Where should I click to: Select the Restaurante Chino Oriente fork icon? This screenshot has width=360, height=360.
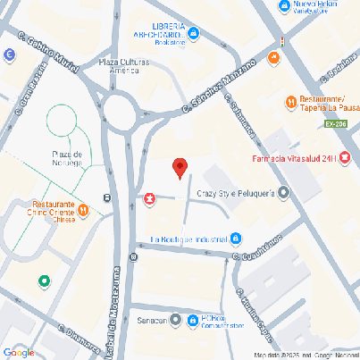(82, 210)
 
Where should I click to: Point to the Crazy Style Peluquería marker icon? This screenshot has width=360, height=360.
(284, 192)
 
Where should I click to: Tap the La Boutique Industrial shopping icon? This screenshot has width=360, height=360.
(236, 239)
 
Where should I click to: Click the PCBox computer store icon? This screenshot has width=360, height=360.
(177, 319)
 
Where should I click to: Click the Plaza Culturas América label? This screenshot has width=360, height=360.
(124, 67)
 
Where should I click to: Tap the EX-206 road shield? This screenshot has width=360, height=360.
(336, 124)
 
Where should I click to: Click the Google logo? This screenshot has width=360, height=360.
(18, 351)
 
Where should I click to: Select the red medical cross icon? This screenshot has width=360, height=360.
(150, 197)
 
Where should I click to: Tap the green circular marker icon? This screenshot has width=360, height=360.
(44, 281)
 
